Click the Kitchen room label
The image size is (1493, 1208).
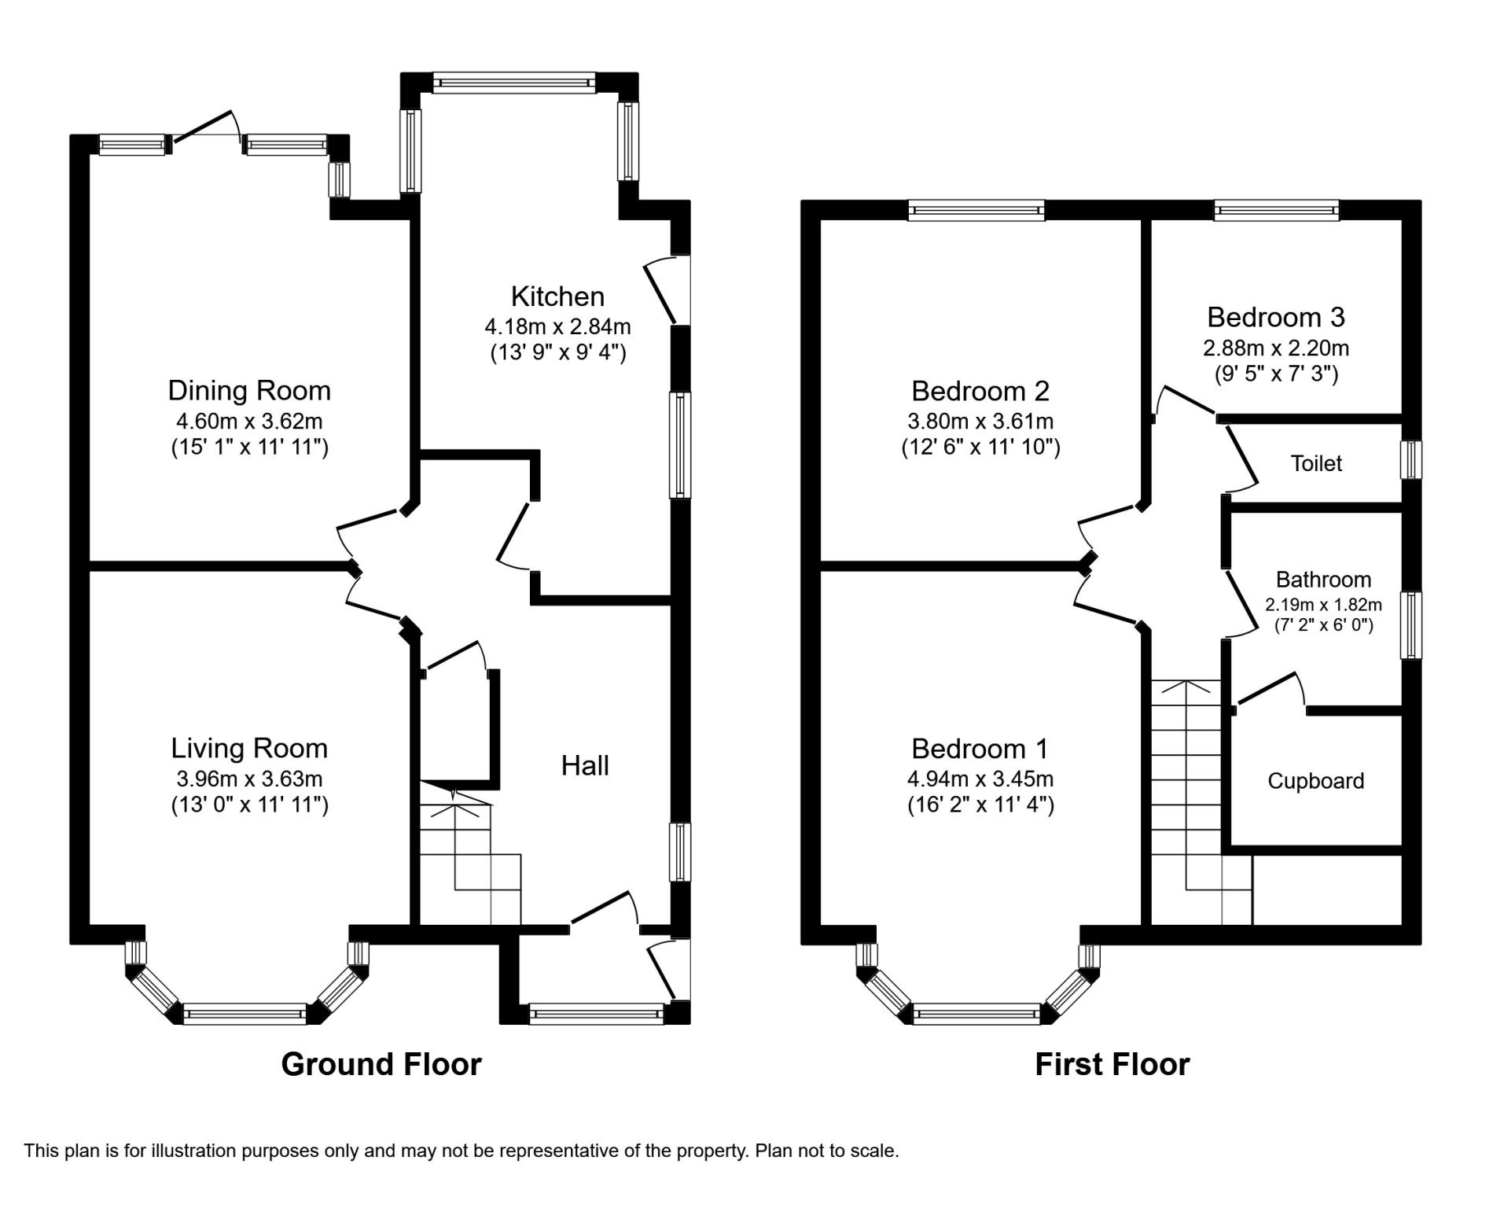557,296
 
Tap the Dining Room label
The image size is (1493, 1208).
249,390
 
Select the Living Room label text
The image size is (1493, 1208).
249,748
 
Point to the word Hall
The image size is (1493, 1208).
585,765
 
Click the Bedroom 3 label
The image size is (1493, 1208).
1276,317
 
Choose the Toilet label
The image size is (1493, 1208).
1316,463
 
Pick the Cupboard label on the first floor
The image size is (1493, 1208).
1315,781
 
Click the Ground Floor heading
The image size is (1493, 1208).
381,1064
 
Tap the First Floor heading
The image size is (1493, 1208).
1112,1064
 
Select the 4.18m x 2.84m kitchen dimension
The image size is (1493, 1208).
557,326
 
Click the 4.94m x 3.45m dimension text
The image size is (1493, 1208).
980,779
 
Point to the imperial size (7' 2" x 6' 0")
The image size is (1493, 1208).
1323,626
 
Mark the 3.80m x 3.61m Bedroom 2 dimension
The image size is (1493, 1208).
980,422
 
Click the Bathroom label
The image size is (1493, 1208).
1323,580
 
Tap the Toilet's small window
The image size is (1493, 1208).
1413,459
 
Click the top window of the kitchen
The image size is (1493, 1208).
513,82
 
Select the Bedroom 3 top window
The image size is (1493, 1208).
1276,209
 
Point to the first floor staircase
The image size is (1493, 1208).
1201,802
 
